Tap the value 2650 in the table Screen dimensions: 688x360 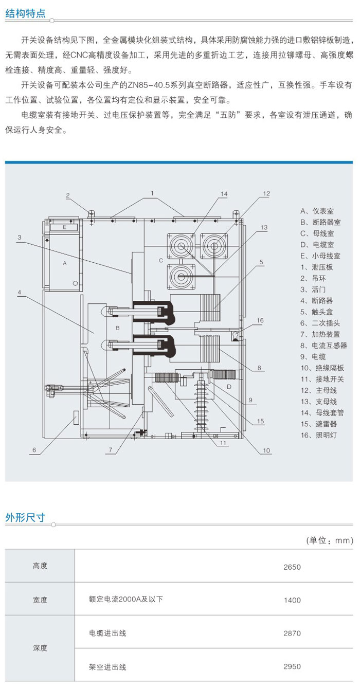coord(292,568)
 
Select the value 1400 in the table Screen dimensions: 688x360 coord(292,600)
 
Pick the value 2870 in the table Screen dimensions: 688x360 coord(292,633)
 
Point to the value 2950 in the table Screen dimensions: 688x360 coord(292,667)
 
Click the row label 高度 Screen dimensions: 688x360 coord(40,566)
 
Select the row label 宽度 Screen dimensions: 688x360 coord(40,600)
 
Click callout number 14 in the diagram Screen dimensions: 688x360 coord(223,193)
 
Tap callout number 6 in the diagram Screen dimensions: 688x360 coord(34,450)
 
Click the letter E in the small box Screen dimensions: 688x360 coord(65,227)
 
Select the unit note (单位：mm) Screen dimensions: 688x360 coord(330,540)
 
